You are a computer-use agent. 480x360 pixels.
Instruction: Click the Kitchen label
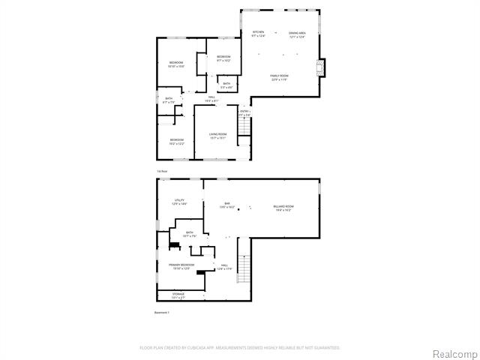(x=258, y=34)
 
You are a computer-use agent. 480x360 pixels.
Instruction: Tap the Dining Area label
(x=297, y=34)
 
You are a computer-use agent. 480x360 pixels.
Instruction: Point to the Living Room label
(x=217, y=136)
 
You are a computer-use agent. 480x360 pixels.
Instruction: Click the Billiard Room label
(x=283, y=207)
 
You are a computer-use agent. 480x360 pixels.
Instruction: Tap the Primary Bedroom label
(x=181, y=266)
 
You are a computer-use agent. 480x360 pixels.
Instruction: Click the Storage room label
(x=178, y=295)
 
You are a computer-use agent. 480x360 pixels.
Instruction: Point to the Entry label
(x=244, y=113)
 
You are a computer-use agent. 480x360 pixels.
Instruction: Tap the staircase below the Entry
(x=243, y=132)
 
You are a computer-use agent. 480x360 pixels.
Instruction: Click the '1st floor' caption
(x=161, y=171)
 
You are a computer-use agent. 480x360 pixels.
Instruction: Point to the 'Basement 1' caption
(x=162, y=312)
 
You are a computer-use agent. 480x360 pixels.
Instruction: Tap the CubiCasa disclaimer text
(x=240, y=348)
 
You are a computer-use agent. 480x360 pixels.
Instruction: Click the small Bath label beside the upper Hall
(x=226, y=85)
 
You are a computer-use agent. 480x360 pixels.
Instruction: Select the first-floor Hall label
(x=212, y=98)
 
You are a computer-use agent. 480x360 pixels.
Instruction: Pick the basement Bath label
(x=190, y=234)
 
